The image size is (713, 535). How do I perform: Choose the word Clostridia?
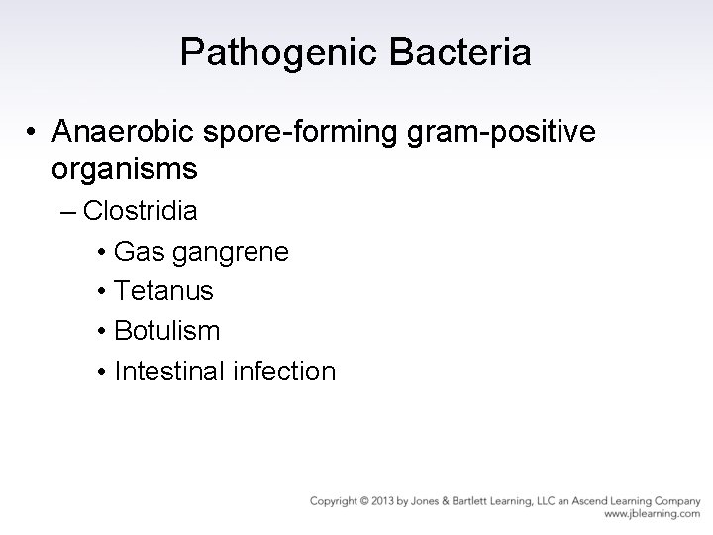141,211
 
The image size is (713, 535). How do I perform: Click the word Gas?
138,252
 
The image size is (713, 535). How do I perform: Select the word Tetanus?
163,291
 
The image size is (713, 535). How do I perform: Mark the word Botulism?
167,331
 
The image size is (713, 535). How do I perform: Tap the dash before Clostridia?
72,212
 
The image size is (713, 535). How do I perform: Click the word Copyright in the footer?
333,501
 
